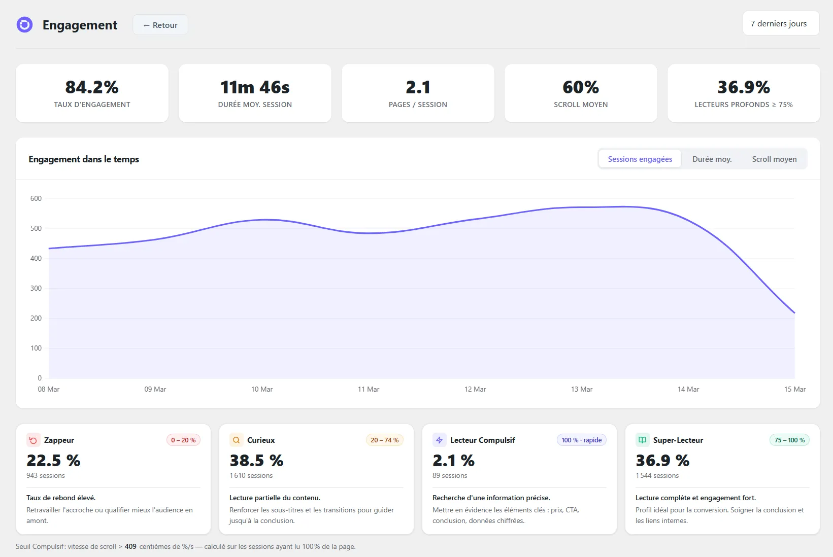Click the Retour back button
click(160, 25)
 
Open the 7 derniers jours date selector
click(781, 23)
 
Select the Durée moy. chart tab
click(712, 159)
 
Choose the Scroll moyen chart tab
click(774, 159)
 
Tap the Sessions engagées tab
click(640, 159)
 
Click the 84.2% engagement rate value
click(92, 87)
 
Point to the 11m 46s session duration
click(255, 87)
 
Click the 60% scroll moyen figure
click(581, 87)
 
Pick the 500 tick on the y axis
click(36, 228)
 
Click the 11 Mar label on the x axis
click(369, 389)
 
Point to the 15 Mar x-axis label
click(794, 389)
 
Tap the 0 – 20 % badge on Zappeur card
click(183, 440)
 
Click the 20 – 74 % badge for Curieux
click(384, 440)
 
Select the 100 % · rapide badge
click(581, 440)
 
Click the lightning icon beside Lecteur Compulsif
click(440, 440)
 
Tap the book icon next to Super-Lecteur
click(642, 440)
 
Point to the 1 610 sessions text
click(251, 475)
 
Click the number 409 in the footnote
click(130, 546)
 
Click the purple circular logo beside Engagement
click(24, 24)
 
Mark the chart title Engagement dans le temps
click(84, 159)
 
